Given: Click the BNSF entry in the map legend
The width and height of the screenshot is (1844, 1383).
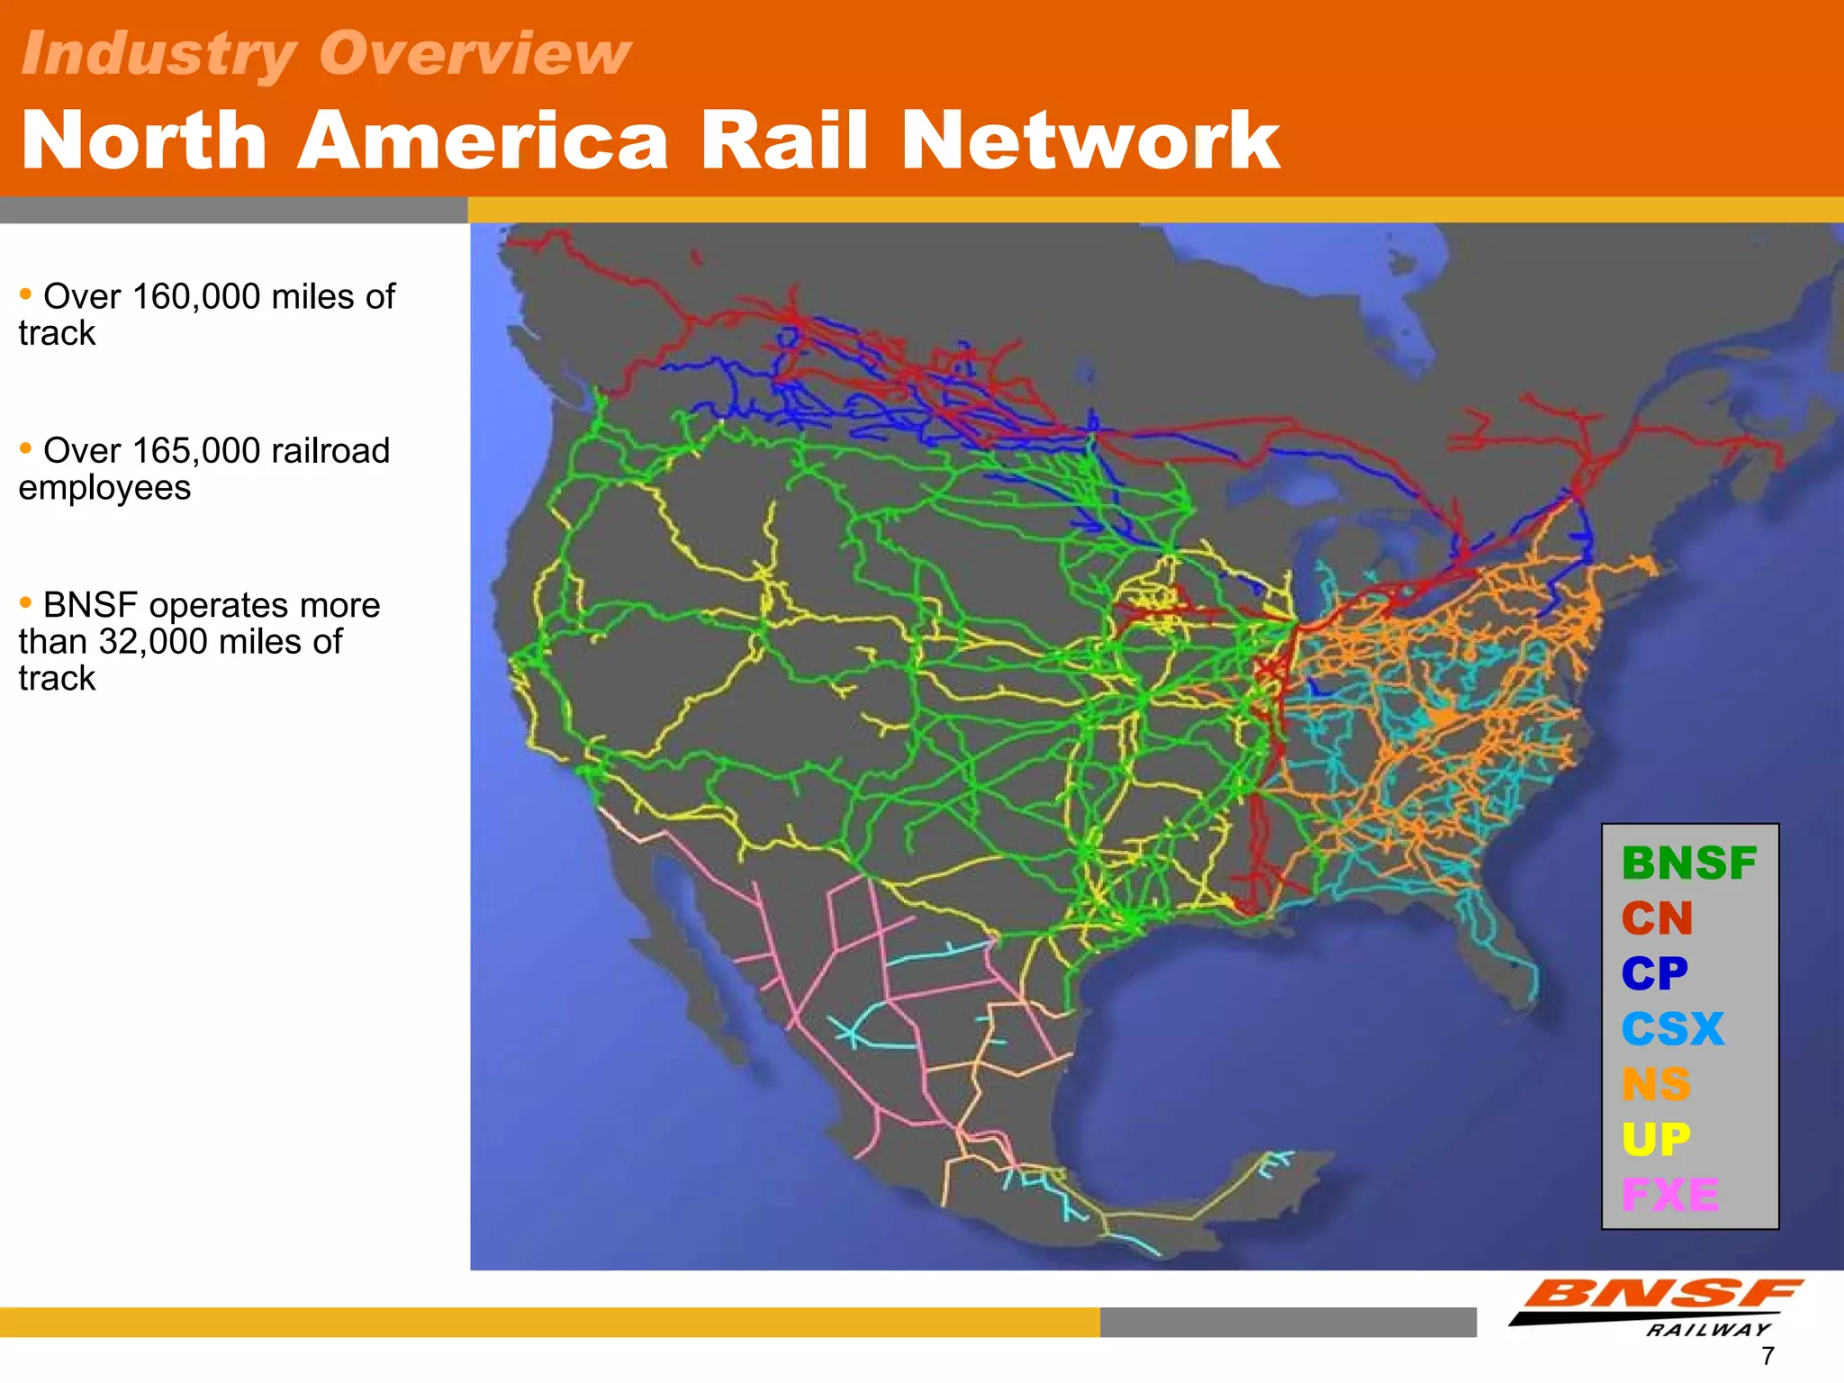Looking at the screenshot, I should tap(1689, 863).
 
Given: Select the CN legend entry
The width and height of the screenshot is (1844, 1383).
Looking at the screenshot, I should tap(1658, 918).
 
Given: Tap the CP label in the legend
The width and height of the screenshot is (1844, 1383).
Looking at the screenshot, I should tap(1655, 973).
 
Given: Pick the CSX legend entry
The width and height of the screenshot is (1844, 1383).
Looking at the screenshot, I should tap(1673, 1029).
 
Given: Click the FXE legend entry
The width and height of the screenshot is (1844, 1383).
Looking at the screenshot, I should tap(1670, 1195).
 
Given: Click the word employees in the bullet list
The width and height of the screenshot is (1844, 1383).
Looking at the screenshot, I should tap(104, 488).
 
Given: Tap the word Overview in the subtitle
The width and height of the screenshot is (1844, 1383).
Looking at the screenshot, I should tap(475, 53).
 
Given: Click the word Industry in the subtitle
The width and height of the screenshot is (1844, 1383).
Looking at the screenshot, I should tap(158, 53).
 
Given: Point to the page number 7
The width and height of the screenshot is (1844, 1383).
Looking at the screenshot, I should tap(1767, 1356).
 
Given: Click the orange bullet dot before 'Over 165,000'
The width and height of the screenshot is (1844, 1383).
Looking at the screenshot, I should tap(25, 447).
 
